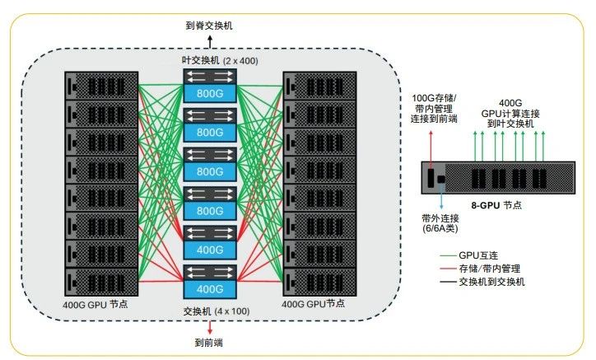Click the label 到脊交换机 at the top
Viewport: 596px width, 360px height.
(209, 26)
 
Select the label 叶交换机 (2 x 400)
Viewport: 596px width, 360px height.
(209, 61)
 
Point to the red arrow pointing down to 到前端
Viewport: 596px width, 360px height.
(209, 327)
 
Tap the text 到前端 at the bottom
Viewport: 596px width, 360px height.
(209, 342)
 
